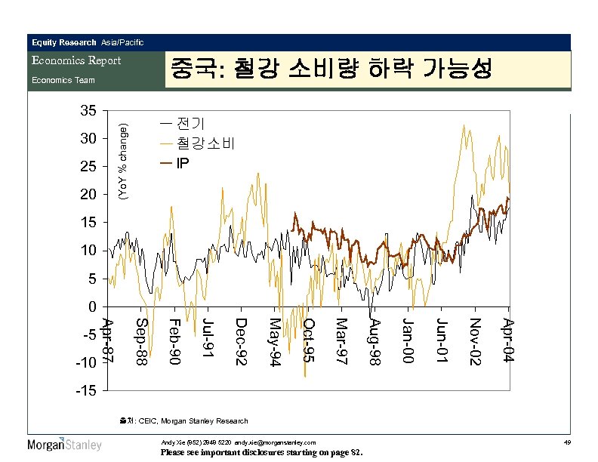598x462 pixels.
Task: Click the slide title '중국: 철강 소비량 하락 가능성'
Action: pos(331,70)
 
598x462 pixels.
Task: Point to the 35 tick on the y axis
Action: pos(88,111)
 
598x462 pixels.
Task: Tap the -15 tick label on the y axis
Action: pos(85,391)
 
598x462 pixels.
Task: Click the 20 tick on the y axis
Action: pos(88,195)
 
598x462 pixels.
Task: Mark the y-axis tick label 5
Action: pos(91,279)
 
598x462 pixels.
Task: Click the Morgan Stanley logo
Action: pos(65,444)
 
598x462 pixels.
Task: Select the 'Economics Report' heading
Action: pos(76,60)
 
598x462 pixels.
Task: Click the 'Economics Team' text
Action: pos(63,80)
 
